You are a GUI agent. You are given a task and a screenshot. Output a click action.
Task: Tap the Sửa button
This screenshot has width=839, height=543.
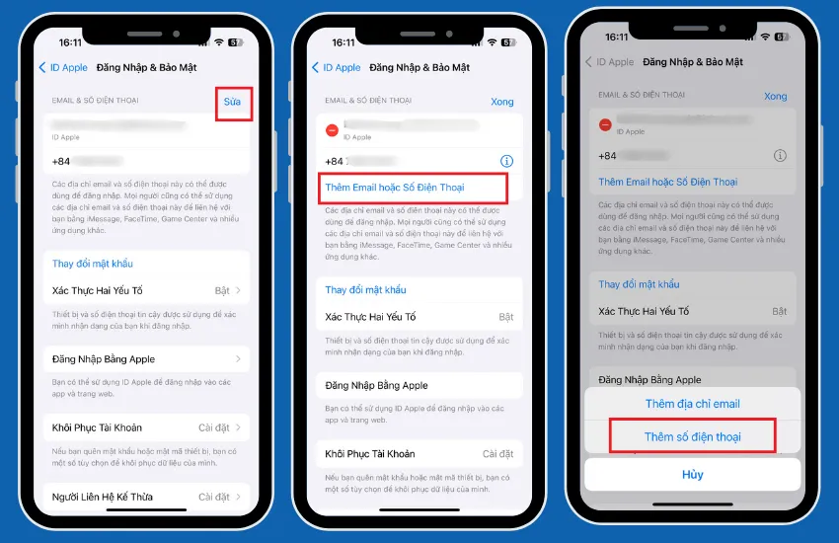pyautogui.click(x=232, y=102)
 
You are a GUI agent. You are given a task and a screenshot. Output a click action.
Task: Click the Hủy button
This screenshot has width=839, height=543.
pyautogui.click(x=692, y=475)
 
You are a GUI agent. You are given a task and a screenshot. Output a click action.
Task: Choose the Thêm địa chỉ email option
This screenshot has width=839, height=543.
pyautogui.click(x=692, y=404)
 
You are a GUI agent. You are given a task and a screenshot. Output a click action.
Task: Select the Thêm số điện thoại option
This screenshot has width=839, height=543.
pyautogui.click(x=692, y=436)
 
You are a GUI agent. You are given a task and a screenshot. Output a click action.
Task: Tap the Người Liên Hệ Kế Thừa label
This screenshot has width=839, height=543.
pyautogui.click(x=103, y=497)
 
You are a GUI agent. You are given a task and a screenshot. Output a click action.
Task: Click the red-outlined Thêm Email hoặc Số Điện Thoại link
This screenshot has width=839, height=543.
pyautogui.click(x=395, y=187)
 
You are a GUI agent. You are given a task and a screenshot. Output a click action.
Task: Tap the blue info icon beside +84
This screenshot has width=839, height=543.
pyautogui.click(x=506, y=161)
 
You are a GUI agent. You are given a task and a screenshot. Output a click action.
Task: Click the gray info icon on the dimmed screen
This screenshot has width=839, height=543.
pyautogui.click(x=780, y=156)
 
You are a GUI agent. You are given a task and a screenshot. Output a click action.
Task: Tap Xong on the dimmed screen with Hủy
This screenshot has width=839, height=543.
pyautogui.click(x=775, y=96)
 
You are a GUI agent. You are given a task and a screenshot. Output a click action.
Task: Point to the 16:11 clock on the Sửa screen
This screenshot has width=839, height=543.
pyautogui.click(x=70, y=42)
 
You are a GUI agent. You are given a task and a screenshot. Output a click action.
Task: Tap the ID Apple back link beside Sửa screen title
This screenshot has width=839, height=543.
pyautogui.click(x=63, y=68)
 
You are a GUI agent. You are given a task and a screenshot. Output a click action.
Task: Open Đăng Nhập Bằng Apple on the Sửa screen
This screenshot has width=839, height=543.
pyautogui.click(x=104, y=359)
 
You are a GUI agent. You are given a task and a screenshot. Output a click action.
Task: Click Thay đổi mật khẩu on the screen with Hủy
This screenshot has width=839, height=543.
pyautogui.click(x=639, y=284)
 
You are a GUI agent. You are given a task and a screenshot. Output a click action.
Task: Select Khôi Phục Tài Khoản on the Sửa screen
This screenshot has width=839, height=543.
pyautogui.click(x=97, y=427)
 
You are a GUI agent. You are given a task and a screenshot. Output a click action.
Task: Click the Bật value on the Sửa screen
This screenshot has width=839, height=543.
pyautogui.click(x=223, y=290)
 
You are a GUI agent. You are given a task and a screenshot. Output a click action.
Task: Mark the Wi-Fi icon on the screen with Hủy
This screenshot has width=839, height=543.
pyautogui.click(x=764, y=37)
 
